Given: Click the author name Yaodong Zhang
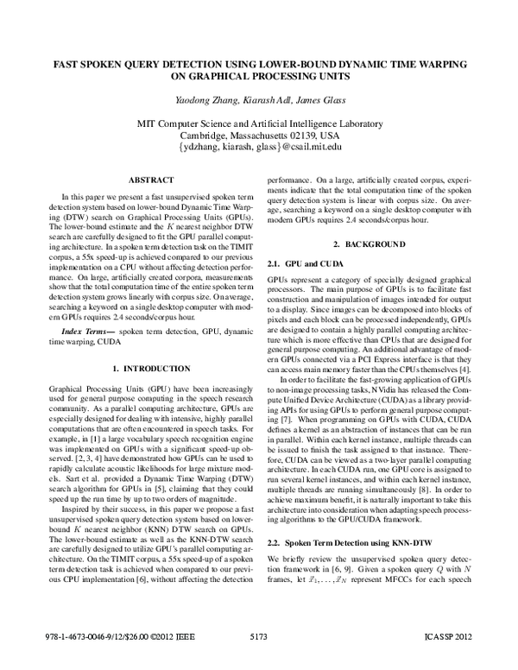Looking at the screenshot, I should (200, 102).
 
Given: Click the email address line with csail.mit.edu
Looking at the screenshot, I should (260, 149).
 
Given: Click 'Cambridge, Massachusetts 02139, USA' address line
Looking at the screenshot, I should (260, 136).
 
